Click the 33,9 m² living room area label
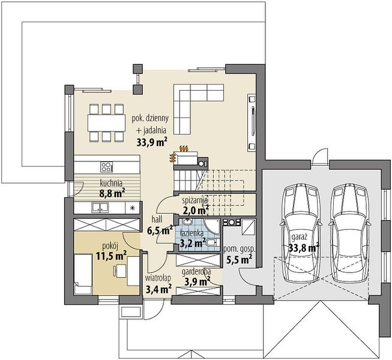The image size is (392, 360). pyautogui.click(x=152, y=142)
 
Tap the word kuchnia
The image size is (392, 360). pyautogui.click(x=111, y=184)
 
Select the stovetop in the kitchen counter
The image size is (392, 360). pyautogui.click(x=106, y=167)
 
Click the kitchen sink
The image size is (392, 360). pyautogui.click(x=100, y=208)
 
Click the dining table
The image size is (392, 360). pyautogui.click(x=106, y=122)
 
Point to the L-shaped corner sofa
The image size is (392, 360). pyautogui.click(x=192, y=103)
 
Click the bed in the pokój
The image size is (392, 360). pyautogui.click(x=83, y=274)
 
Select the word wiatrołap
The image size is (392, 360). pyautogui.click(x=158, y=278)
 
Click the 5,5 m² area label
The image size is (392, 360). pyautogui.click(x=239, y=259)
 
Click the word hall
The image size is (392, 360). pyautogui.click(x=157, y=220)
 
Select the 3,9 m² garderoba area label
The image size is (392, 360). pyautogui.click(x=198, y=282)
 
